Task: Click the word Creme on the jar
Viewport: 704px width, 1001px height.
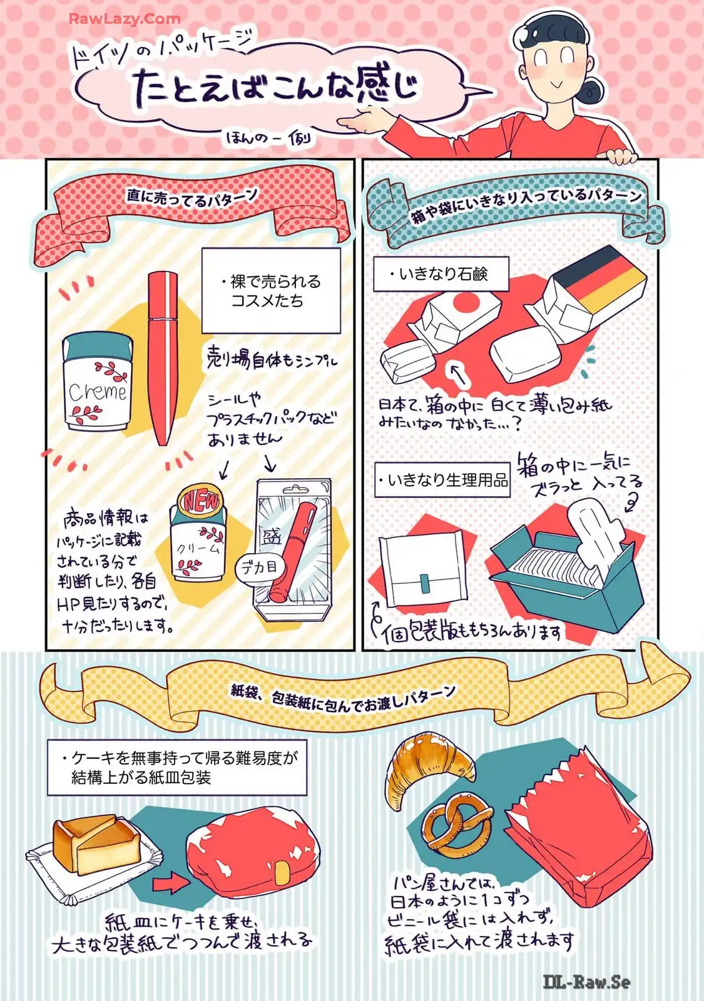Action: tap(98, 392)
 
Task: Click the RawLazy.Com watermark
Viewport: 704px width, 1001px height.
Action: tap(125, 19)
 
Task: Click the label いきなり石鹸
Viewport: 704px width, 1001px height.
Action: tap(441, 274)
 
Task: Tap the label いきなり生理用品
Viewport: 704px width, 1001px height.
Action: tap(442, 480)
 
